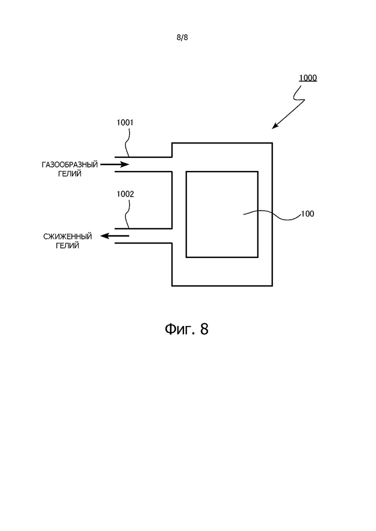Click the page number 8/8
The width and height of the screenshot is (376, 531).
[x=182, y=37]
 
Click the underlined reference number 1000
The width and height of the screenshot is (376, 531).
[x=308, y=78]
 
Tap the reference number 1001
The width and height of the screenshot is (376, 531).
[x=125, y=123]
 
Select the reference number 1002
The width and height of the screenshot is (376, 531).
[x=125, y=194]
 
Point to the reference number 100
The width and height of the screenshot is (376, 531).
[x=308, y=214]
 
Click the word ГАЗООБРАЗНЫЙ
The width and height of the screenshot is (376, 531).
[x=70, y=165]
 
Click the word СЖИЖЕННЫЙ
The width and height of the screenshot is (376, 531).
[x=68, y=236]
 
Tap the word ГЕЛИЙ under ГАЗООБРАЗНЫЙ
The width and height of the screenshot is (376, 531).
[x=70, y=174]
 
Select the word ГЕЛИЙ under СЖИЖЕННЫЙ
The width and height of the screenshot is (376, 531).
[x=67, y=246]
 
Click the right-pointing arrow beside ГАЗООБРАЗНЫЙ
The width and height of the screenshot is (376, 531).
[x=115, y=165]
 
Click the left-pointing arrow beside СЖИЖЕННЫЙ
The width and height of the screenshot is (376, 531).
[x=115, y=236]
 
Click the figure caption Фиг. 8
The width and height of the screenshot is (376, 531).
[x=187, y=328]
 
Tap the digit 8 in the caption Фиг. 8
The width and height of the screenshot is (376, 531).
[x=204, y=329]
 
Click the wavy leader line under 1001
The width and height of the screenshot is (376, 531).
[x=127, y=142]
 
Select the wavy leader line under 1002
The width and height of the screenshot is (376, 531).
[x=127, y=214]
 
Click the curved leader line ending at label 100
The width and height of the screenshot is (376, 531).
[x=272, y=215]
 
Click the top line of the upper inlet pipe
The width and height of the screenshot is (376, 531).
[x=144, y=157]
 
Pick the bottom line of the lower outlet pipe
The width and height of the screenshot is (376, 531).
[x=144, y=243]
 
